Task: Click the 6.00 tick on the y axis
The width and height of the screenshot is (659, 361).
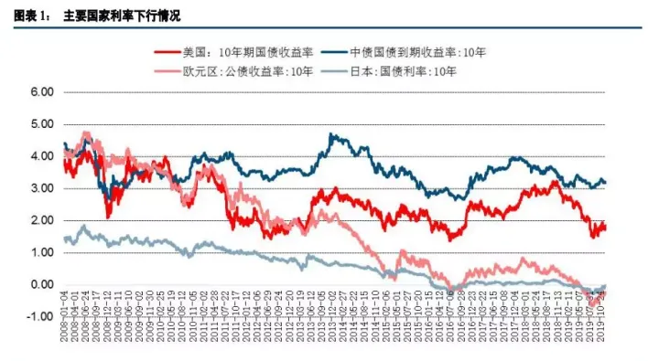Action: [x=42, y=92]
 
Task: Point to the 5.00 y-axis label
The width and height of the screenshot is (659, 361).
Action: [x=42, y=124]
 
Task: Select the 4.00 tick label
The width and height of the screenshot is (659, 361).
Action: [x=42, y=156]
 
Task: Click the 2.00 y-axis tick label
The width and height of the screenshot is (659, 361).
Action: [x=42, y=221]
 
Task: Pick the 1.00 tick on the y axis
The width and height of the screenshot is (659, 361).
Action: [x=42, y=253]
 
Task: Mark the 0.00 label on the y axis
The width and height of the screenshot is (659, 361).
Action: [x=42, y=285]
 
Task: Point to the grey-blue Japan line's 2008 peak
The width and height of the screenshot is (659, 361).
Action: [x=84, y=225]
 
